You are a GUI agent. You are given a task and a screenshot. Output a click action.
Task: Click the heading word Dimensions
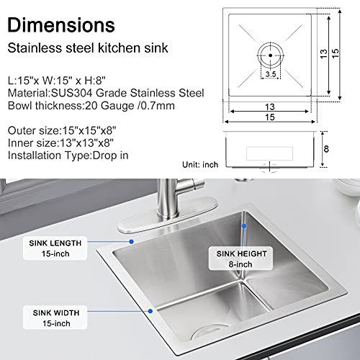point(61,24)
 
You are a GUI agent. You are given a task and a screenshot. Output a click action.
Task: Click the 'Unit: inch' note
point(200,165)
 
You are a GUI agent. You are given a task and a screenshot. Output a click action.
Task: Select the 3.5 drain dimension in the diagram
point(269,73)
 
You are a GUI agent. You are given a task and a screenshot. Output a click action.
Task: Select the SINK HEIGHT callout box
point(240,258)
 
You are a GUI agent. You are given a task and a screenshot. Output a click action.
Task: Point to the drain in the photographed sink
point(210,332)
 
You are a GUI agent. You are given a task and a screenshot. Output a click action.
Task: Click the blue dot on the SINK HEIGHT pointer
point(246,225)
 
